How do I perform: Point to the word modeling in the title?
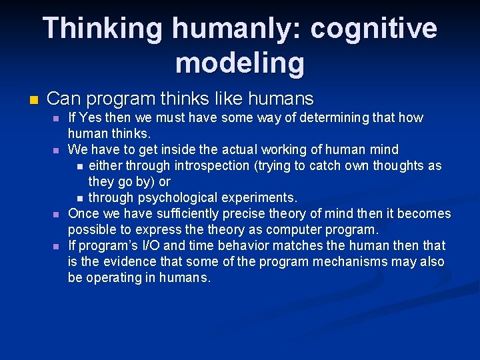pos(239,63)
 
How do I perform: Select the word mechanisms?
pos(346,262)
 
